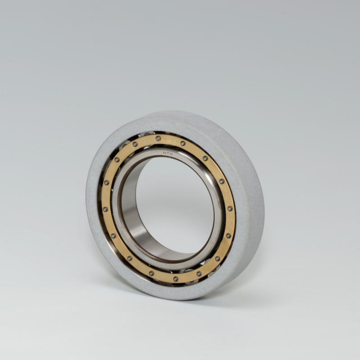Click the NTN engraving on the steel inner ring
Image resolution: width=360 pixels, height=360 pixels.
pos(168,153)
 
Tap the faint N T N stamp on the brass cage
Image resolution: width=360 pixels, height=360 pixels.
pos(170,140)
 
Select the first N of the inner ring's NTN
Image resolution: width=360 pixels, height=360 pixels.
pos(164,153)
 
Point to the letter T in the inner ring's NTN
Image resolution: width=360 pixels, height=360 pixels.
pos(168,153)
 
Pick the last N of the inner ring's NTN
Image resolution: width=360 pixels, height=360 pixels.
pos(171,153)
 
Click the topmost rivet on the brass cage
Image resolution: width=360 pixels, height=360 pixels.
pos(158,138)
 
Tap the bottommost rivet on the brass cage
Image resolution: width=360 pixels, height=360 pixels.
pos(175,279)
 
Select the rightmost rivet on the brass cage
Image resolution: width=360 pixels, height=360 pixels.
pos(229,208)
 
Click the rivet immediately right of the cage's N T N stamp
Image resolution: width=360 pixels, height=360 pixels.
pos(183,144)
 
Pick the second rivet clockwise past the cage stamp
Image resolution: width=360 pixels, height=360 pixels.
pos(205,158)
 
